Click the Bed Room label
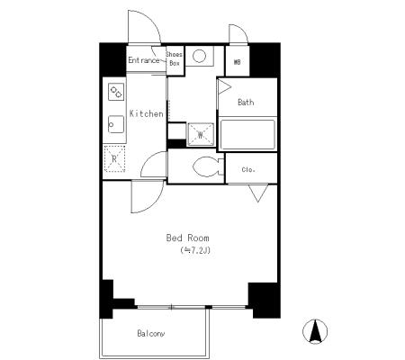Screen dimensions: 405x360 coord(187,238)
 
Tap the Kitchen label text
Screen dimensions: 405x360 coord(147,113)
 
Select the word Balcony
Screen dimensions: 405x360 coord(151,333)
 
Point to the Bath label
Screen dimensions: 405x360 coord(246,103)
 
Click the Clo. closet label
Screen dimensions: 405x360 coord(248,170)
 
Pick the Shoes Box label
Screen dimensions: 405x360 coord(175,58)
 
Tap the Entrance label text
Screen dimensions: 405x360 coord(144,60)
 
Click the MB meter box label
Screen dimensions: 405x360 coord(237,62)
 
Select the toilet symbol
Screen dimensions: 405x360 coord(209,167)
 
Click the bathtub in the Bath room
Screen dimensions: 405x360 coord(247,134)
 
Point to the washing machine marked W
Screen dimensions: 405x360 coord(201,135)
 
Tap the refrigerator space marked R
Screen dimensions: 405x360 coord(114,158)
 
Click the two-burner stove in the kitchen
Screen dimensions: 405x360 coord(116,92)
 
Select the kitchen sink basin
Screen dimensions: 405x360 coord(116,124)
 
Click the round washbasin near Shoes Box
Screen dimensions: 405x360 coord(199,56)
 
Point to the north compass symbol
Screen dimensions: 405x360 coord(315,331)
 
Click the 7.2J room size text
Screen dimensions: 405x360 coord(195,250)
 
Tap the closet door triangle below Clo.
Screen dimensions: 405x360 coord(258,193)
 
